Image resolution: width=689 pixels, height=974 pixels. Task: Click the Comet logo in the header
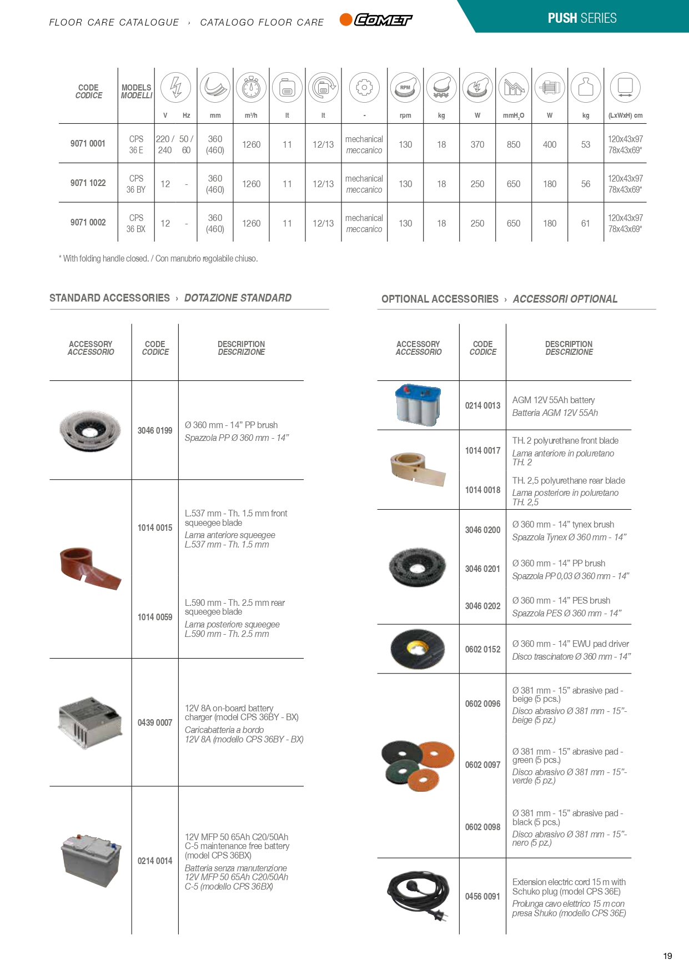(376, 20)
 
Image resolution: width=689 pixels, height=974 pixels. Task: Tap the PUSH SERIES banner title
(582, 18)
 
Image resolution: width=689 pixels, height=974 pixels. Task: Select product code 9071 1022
(88, 183)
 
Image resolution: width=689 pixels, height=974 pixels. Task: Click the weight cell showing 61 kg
(585, 223)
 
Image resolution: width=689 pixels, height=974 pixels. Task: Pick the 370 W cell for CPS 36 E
(477, 144)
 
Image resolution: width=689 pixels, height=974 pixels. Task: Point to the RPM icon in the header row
(405, 87)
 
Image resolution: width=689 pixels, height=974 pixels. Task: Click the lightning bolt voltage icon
(175, 87)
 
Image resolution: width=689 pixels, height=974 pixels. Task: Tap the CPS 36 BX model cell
(136, 223)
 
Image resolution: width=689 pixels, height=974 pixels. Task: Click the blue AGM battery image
(418, 405)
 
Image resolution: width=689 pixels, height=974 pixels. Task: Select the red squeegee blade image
(90, 568)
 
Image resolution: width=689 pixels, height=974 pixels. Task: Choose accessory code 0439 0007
(155, 722)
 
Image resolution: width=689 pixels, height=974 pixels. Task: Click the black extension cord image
(418, 895)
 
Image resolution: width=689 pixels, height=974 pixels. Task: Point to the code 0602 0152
(482, 649)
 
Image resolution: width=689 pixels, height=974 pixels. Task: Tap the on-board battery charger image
(90, 721)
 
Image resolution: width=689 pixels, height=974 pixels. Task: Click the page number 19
(667, 956)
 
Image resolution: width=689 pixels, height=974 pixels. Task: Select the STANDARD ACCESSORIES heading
(109, 298)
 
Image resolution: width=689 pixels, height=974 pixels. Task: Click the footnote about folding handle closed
(158, 258)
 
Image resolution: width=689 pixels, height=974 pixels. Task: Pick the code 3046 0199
(155, 430)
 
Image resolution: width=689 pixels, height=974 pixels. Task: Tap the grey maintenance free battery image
(91, 860)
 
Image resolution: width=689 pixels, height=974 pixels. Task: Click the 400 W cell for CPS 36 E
(550, 144)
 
